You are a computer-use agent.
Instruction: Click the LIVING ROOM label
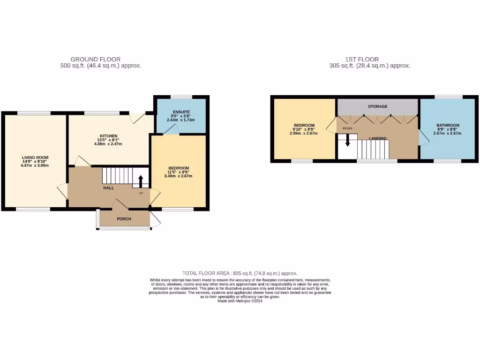pyautogui.click(x=35, y=157)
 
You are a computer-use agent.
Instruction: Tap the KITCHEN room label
pyautogui.click(x=108, y=136)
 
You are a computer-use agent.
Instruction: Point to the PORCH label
pyautogui.click(x=124, y=219)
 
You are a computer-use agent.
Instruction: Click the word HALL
pyautogui.click(x=108, y=188)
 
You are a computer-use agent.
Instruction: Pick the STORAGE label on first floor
pyautogui.click(x=377, y=106)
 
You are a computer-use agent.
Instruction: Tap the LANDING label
pyautogui.click(x=378, y=138)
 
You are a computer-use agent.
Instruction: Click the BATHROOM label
pyautogui.click(x=448, y=125)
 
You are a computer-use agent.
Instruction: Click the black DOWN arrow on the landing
pyautogui.click(x=347, y=140)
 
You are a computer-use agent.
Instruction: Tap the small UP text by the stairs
pyautogui.click(x=140, y=193)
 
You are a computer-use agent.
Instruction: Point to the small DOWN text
pyautogui.click(x=347, y=128)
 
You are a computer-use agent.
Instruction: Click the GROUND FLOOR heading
pyautogui.click(x=95, y=59)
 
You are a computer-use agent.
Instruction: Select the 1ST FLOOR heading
pyautogui.click(x=362, y=59)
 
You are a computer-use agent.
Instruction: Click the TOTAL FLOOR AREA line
pyautogui.click(x=240, y=273)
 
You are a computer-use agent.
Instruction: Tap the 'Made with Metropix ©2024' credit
pyautogui.click(x=240, y=301)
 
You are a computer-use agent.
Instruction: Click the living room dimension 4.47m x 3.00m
pyautogui.click(x=35, y=165)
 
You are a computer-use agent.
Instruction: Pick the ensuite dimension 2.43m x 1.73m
pyautogui.click(x=180, y=120)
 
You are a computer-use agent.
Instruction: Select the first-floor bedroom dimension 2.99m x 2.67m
pyautogui.click(x=304, y=133)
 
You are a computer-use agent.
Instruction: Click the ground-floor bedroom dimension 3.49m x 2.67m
pyautogui.click(x=179, y=176)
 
